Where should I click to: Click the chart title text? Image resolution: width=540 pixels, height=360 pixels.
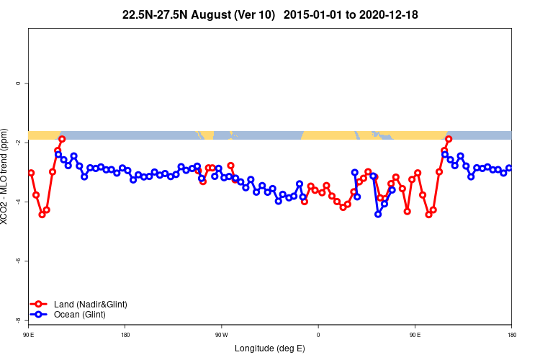pos(270,14)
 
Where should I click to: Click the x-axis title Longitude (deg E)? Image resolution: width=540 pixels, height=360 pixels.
pos(270,348)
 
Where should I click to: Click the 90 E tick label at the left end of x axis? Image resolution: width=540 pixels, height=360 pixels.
pos(29,335)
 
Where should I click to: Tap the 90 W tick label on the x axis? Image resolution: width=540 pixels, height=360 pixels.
pos(221,335)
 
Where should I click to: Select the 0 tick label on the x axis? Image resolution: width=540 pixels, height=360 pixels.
pos(318,335)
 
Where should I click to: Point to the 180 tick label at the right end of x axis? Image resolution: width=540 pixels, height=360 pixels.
pos(511,335)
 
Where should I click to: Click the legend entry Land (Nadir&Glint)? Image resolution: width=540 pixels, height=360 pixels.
pos(90,305)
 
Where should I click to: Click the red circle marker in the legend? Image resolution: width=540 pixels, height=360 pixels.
pos(40,305)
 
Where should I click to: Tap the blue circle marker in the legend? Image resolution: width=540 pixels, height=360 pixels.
pos(40,315)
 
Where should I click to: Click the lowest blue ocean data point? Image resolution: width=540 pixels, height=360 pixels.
pos(378,214)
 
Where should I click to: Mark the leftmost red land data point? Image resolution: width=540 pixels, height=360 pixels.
pos(31,173)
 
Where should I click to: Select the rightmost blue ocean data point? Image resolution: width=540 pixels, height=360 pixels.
pos(509,168)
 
